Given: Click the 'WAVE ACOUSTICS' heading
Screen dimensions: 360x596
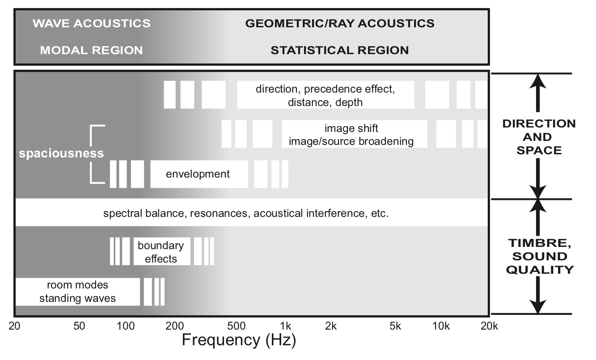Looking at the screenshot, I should click(x=91, y=23).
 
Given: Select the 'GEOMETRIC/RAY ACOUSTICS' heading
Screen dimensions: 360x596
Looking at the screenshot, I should click(x=340, y=23).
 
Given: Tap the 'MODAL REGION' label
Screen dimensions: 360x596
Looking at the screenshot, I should click(x=91, y=50).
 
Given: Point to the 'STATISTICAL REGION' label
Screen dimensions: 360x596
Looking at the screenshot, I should click(x=340, y=50).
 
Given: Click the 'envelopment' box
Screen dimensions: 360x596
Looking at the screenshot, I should click(x=198, y=174).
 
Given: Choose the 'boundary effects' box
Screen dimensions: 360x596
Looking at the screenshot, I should click(x=161, y=252).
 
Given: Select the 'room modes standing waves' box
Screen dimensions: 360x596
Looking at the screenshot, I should click(x=77, y=292).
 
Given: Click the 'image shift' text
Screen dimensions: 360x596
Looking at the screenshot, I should click(x=351, y=129).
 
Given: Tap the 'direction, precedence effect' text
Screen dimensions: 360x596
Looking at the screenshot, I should click(x=325, y=89).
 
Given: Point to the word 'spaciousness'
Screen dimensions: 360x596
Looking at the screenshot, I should click(x=61, y=153).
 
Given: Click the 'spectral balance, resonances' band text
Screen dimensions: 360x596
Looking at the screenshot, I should click(x=246, y=213).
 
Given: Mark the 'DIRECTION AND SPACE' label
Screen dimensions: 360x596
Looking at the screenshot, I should click(x=539, y=137).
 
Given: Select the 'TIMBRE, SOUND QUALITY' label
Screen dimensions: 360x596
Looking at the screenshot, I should click(x=541, y=256).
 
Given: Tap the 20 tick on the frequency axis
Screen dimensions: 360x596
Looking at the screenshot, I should click(x=15, y=326).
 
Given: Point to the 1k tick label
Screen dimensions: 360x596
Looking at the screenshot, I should click(x=285, y=326).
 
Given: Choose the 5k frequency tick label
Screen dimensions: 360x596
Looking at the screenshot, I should click(x=395, y=326).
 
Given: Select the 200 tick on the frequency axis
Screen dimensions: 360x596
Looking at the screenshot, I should click(x=174, y=326).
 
